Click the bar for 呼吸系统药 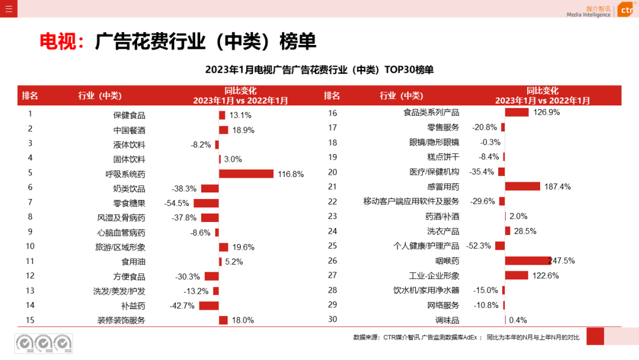click(246, 173)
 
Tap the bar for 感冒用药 click(522, 187)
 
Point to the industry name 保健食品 click(129, 115)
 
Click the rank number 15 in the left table click(30, 320)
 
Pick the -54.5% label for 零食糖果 click(177, 203)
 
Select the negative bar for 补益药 click(209, 306)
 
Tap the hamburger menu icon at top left click(8, 8)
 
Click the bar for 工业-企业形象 click(517, 275)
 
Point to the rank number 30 click(332, 320)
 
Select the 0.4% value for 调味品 click(518, 320)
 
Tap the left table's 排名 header click(30, 95)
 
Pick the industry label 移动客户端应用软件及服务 click(411, 201)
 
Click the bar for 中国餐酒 click(224, 130)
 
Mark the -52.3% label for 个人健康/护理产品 click(479, 246)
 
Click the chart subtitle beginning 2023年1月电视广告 click(319, 70)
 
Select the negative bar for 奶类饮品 click(210, 188)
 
